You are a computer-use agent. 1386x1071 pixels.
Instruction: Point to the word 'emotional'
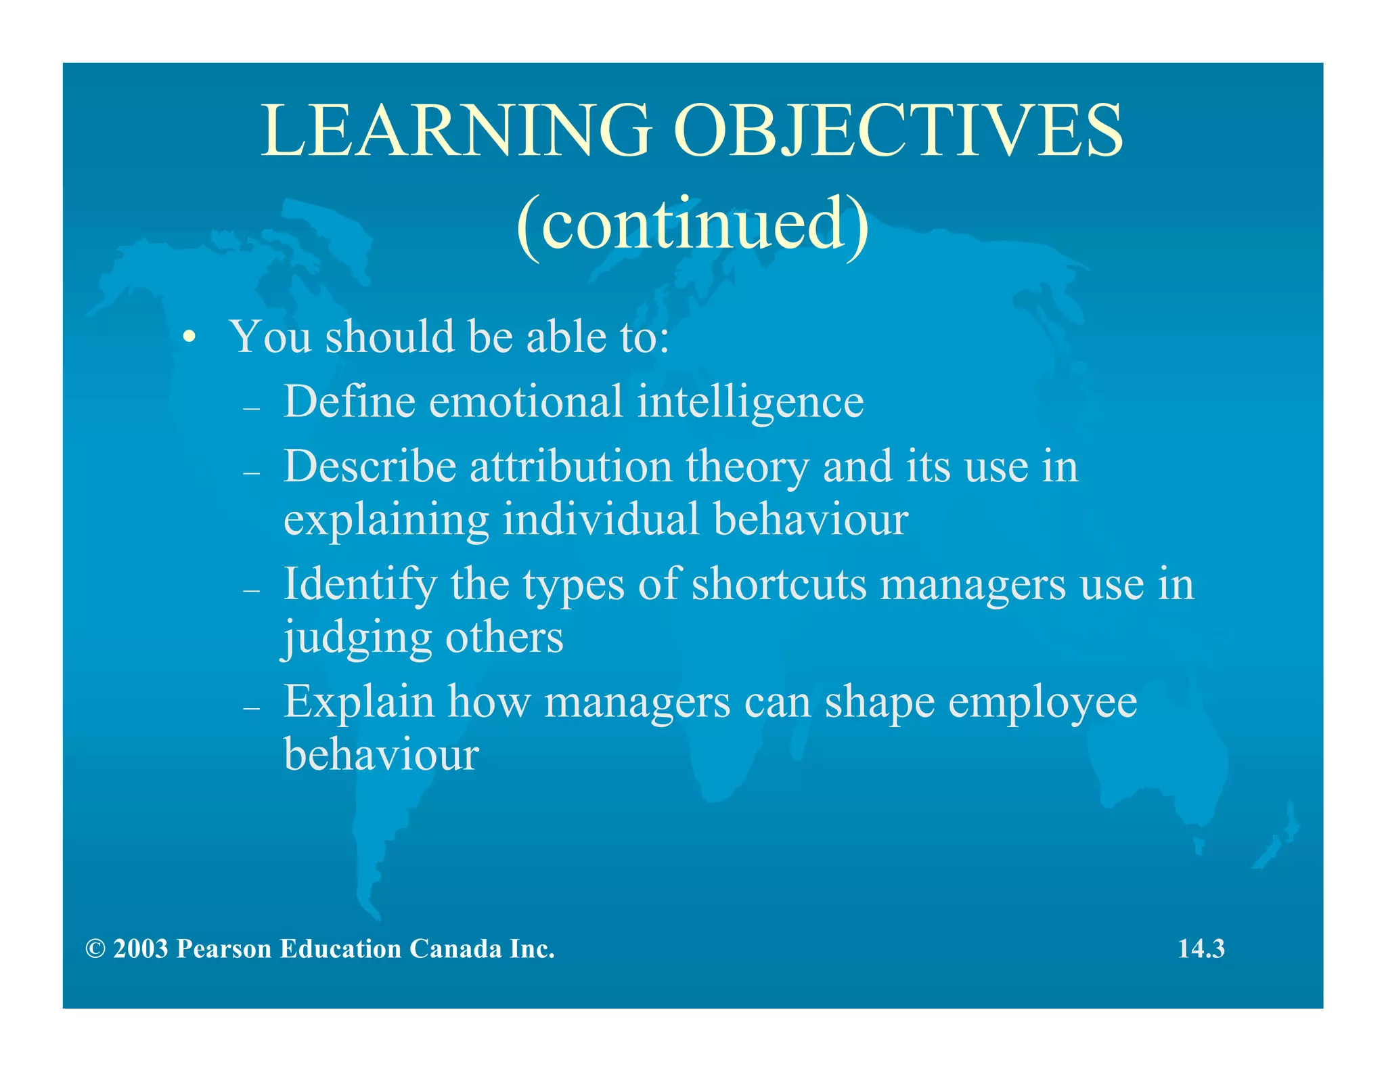[x=525, y=401]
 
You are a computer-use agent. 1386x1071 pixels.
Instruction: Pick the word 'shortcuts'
[x=778, y=584]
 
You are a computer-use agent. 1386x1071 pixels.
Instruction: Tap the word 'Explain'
[x=359, y=703]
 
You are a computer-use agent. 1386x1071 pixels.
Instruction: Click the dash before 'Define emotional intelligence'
[x=252, y=409]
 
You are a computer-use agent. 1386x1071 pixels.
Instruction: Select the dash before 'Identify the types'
[x=252, y=591]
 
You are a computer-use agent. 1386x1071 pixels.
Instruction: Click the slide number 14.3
[x=1201, y=949]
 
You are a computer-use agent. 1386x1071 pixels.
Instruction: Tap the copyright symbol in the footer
[x=95, y=949]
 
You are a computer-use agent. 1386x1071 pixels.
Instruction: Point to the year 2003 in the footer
[x=141, y=949]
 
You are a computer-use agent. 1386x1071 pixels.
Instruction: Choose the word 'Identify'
[x=360, y=586]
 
